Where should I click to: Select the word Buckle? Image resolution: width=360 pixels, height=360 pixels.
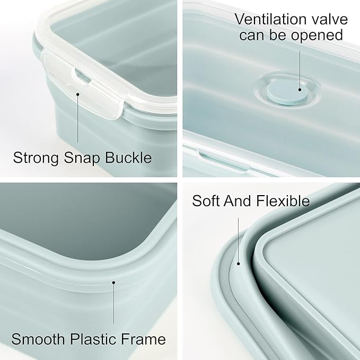tap(131, 157)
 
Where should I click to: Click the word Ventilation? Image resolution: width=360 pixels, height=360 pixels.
tap(268, 20)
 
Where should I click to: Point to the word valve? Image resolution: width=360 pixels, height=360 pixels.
tap(327, 20)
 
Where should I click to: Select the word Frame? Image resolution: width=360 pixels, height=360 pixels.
tap(147, 339)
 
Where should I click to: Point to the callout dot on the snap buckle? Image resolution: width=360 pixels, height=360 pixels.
tap(78, 94)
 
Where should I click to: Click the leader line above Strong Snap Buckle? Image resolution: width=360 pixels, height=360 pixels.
tap(78, 119)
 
